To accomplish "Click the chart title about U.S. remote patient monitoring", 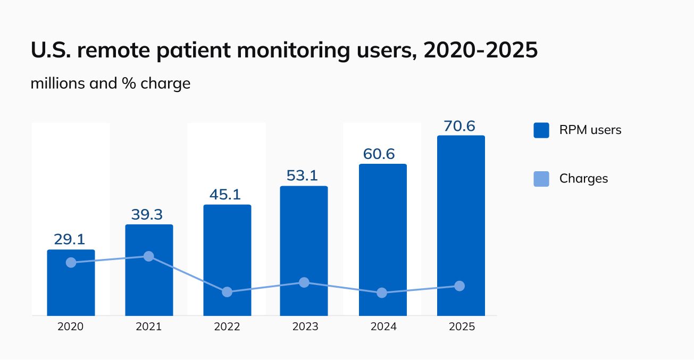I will (284, 51).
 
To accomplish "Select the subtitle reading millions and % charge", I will (110, 83).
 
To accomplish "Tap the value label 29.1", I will (70, 239).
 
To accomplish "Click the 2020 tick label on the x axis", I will (70, 326).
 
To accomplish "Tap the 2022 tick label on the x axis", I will (227, 326).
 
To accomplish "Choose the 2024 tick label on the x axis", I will (383, 326).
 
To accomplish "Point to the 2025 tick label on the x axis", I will (461, 326).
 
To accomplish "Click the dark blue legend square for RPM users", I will (541, 130).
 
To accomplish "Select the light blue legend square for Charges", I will (541, 179).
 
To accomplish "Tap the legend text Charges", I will (583, 179).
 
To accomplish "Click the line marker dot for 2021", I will (149, 256).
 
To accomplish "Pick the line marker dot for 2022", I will (227, 292).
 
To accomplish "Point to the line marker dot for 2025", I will (460, 286).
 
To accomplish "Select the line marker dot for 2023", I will (304, 282).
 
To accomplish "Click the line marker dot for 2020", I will (71, 263).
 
